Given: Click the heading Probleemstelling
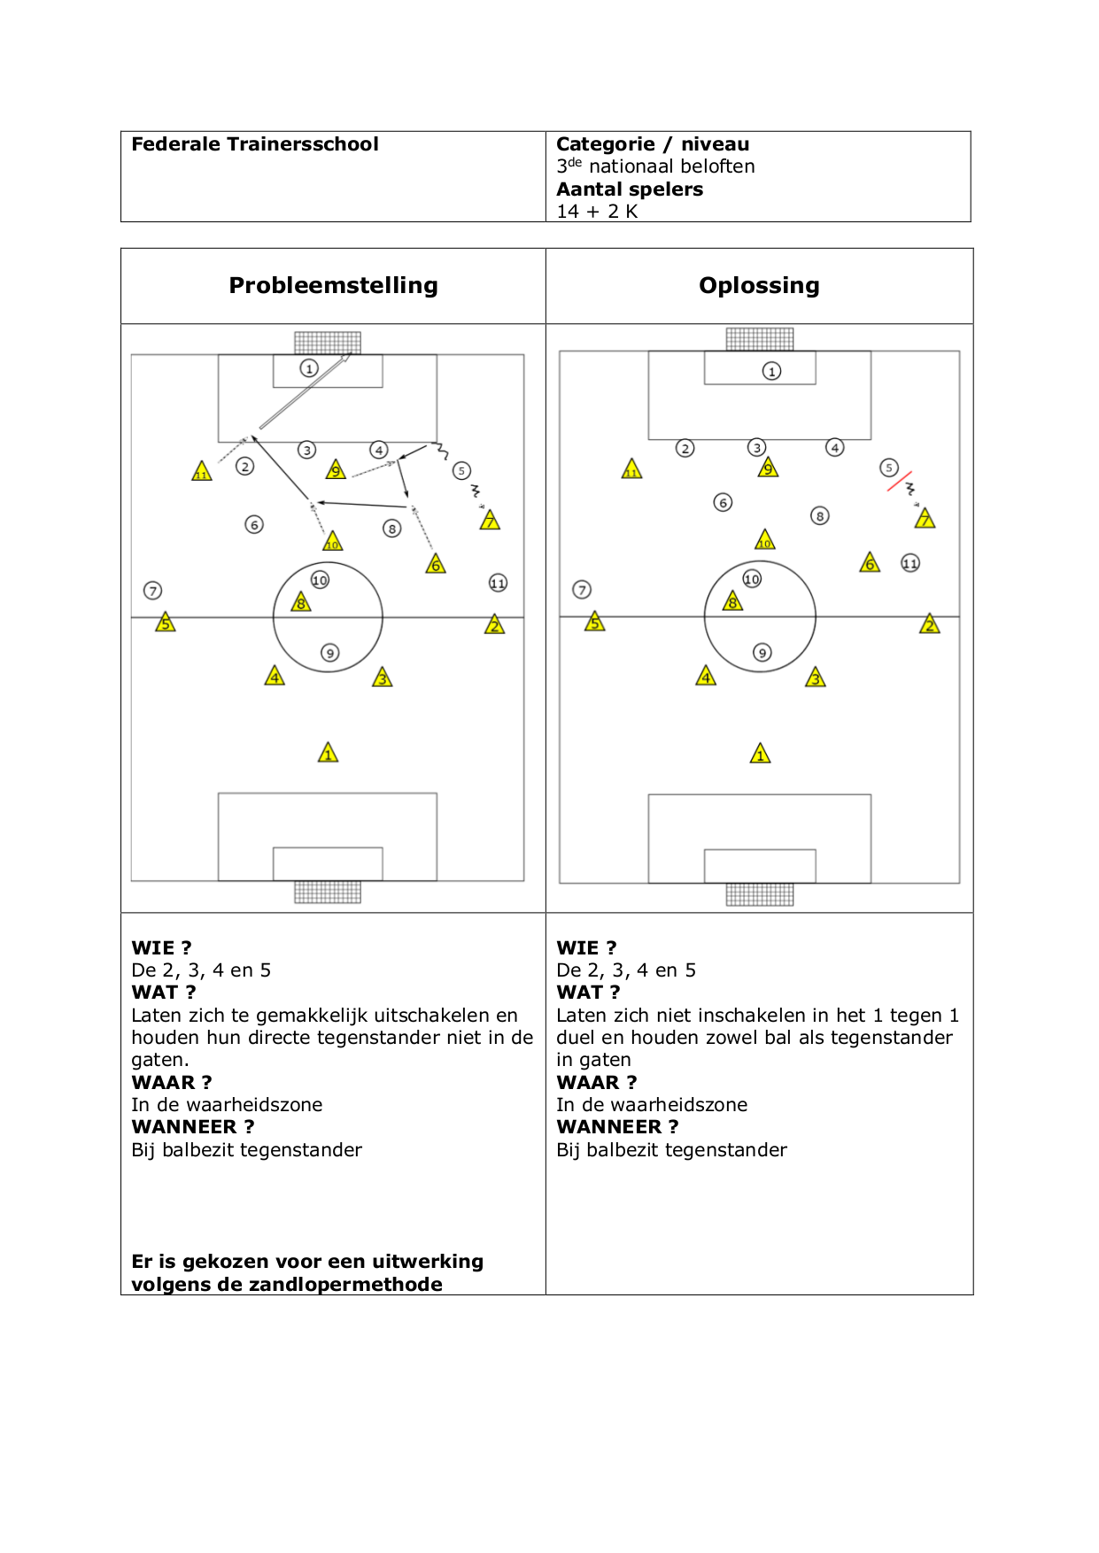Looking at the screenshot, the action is tap(334, 285).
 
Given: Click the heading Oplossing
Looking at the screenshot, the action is tap(759, 285).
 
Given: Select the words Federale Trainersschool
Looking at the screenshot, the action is tap(255, 144).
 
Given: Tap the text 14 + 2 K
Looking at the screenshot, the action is tap(597, 212).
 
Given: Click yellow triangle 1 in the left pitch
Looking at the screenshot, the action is tap(329, 753).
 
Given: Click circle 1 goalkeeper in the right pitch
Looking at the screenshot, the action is tap(772, 371).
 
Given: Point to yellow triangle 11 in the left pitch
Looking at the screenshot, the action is tap(202, 471).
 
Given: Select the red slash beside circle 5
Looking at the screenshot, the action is tap(900, 481).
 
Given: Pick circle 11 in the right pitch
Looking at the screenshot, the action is tap(910, 563).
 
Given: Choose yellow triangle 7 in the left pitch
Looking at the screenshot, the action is tap(490, 520).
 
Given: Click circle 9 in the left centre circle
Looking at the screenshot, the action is tap(329, 653).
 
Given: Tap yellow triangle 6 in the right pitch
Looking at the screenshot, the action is tap(870, 563).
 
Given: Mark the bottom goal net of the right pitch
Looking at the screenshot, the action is tap(760, 894).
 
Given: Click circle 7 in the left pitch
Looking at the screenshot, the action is tap(153, 591).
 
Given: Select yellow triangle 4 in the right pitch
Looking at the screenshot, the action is tap(706, 677).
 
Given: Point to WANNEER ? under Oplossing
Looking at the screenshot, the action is tap(617, 1127).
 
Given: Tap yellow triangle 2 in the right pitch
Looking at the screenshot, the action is tap(930, 624).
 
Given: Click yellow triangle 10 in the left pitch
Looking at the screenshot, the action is tap(332, 541).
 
